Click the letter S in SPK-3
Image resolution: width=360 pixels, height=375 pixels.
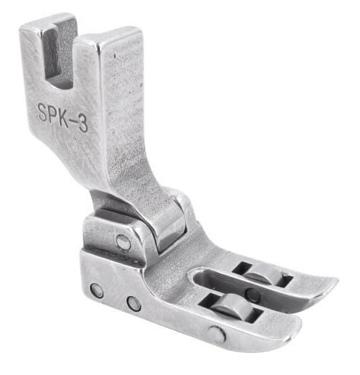pos(43,112)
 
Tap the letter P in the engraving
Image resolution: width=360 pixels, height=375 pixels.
pos(54,114)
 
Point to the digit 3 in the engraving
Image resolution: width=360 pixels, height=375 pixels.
pos(83,124)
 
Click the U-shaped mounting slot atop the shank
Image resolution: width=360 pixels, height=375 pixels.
pos(59,54)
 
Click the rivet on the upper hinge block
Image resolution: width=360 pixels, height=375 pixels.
pos(124,241)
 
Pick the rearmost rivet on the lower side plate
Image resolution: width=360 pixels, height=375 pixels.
pos(97,290)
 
